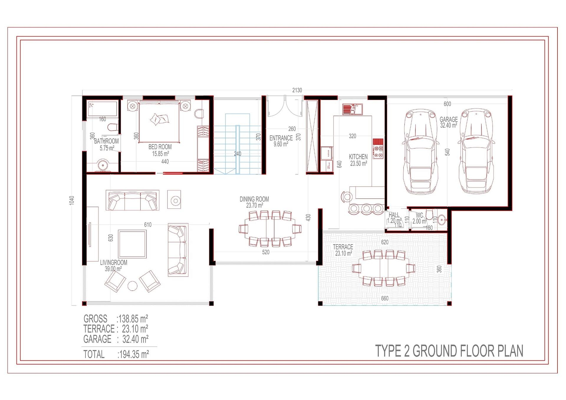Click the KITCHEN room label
coord(358,157)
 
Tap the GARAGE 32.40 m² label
coord(448,122)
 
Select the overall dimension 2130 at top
coord(297,90)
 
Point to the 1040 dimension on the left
coord(72,200)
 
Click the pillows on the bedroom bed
coord(159,119)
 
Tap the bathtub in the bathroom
coord(102,109)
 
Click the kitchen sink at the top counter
coord(352,109)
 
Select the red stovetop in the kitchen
coord(378,149)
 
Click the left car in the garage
coord(420,152)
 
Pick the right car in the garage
coord(476,152)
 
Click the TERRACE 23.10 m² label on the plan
coord(343,250)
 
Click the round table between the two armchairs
coord(132,286)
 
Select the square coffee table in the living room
coord(132,244)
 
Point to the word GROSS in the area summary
coord(95,319)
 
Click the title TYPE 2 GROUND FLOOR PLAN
coord(449,351)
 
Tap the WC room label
coord(419,216)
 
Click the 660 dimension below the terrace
coord(384,298)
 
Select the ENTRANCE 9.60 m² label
coord(281,141)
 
